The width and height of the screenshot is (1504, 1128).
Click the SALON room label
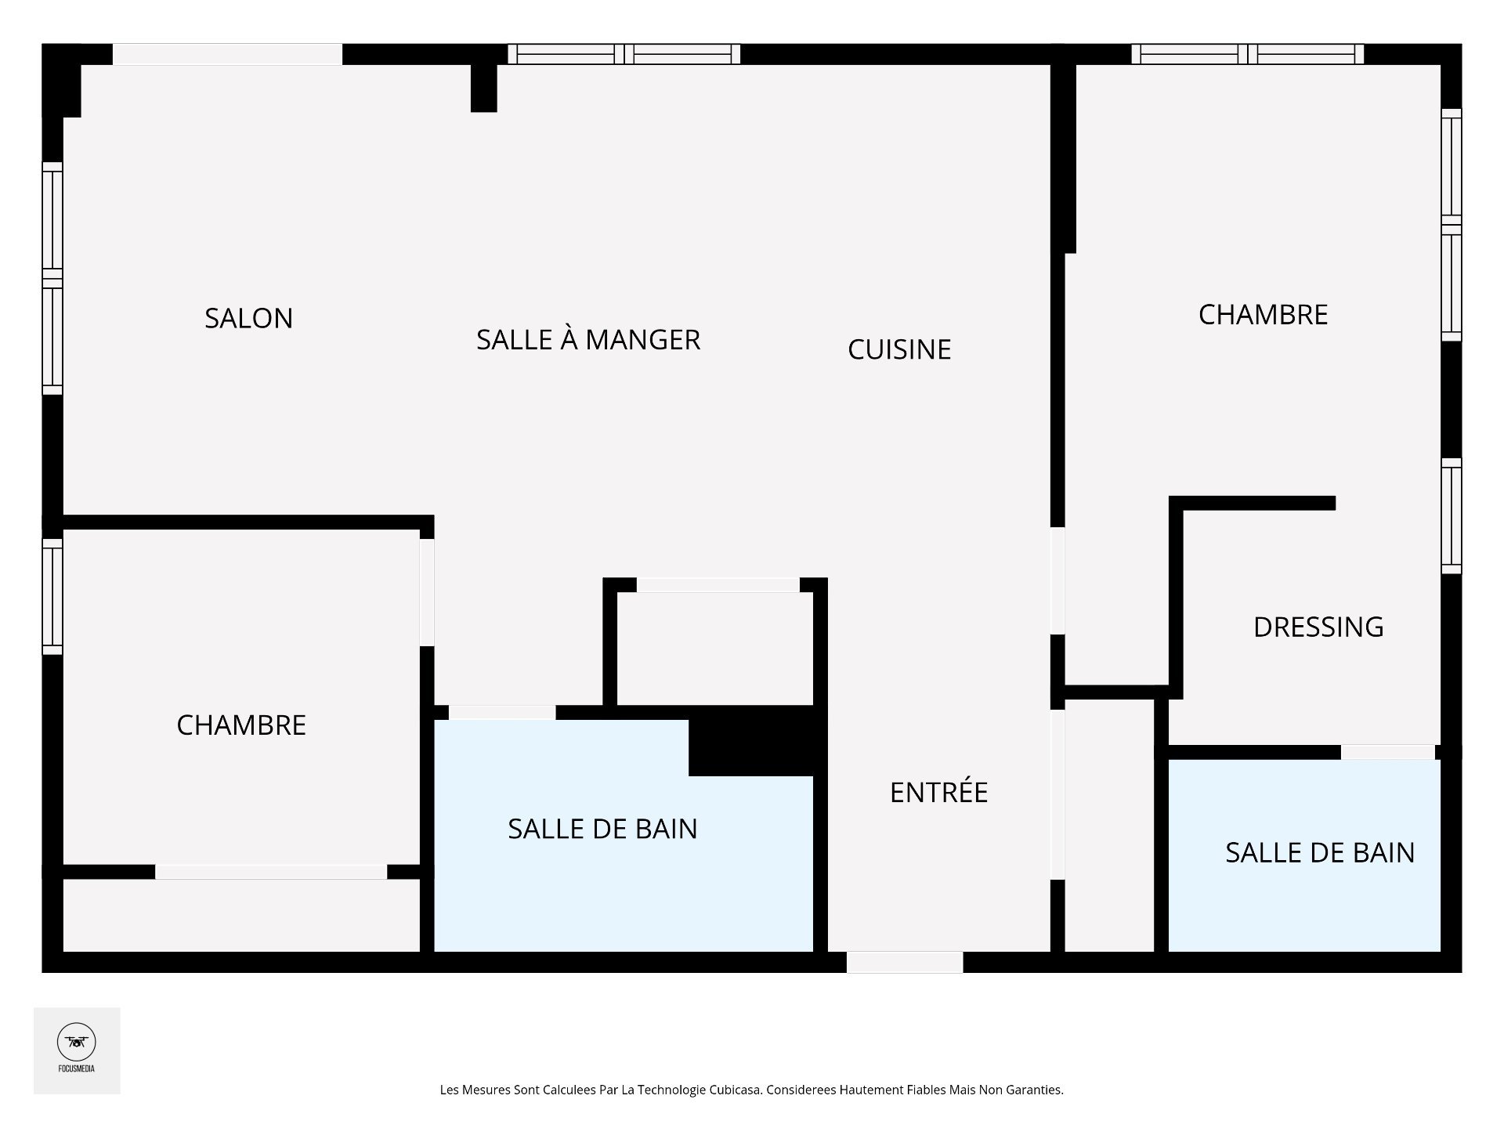pyautogui.click(x=249, y=318)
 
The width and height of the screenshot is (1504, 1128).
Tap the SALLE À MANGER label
pyautogui.click(x=588, y=338)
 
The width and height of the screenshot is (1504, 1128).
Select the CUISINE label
pyautogui.click(x=899, y=349)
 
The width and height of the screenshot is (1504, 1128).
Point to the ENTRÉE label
pyautogui.click(x=938, y=791)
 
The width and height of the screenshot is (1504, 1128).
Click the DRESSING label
pyautogui.click(x=1318, y=627)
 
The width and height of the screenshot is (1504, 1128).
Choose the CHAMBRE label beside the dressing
pyautogui.click(x=1263, y=315)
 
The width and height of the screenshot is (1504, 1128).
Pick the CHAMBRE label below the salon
pyautogui.click(x=241, y=725)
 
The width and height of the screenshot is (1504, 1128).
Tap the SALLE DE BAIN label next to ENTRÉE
pyautogui.click(x=602, y=829)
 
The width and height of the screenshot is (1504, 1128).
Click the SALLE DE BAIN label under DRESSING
pyautogui.click(x=1320, y=852)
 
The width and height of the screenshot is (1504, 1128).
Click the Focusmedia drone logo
pyautogui.click(x=77, y=1043)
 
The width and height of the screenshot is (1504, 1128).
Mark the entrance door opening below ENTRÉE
pyautogui.click(x=905, y=962)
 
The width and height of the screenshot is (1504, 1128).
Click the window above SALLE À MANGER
pyautogui.click(x=624, y=54)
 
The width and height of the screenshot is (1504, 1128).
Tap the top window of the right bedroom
pyautogui.click(x=1248, y=54)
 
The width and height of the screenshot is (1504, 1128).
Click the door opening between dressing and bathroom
pyautogui.click(x=1388, y=752)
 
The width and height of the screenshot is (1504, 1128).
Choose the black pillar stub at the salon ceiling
pyautogui.click(x=484, y=88)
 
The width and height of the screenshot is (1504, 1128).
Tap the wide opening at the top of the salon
pyautogui.click(x=228, y=54)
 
